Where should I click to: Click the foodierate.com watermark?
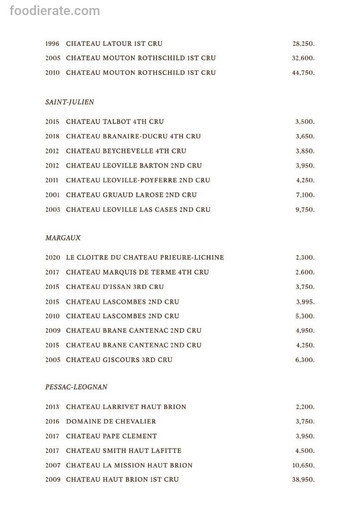pos(55,10)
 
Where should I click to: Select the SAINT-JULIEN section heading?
pos(70,102)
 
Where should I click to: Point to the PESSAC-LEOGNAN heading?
pos(76,387)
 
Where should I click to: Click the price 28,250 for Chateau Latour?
pos(303,44)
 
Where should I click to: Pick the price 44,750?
pos(303,73)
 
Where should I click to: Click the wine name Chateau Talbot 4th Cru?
pos(115,122)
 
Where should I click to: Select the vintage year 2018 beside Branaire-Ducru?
pos(52,136)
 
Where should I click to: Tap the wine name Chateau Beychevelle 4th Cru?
pos(126,151)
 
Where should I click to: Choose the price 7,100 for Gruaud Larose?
pos(305,195)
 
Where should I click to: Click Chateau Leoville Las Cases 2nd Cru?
pos(138,210)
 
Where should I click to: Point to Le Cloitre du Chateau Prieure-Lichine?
pos(145,258)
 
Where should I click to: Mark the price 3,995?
pos(305,302)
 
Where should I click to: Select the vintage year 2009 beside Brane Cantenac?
pos(52,331)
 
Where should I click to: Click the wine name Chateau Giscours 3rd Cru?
pos(119,360)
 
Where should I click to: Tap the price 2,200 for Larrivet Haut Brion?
pos(305,407)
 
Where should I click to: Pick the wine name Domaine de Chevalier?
pos(111,421)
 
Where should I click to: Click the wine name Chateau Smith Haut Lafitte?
pos(124,450)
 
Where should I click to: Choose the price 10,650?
pos(303,466)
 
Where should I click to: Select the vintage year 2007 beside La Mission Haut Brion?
pos(52,465)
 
